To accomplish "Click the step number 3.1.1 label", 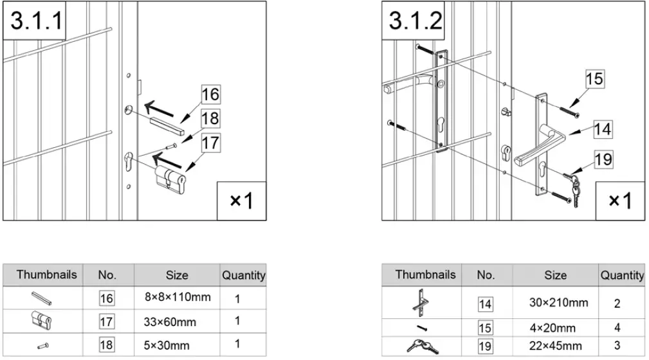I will point(35,21).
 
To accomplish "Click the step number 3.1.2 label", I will point(416,21).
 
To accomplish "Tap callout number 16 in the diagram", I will point(210,94).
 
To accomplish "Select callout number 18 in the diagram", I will point(210,118).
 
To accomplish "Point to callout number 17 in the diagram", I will point(210,142).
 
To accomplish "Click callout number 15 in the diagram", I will point(595,78).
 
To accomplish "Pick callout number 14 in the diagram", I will point(602,129).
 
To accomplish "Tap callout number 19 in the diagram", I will point(602,158).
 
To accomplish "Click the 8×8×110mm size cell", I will point(177,298).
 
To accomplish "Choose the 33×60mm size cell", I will point(170,321).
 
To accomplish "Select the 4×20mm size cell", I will point(549,328).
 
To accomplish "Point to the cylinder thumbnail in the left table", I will point(41,319).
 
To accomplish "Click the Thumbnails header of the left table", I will point(46,274).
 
